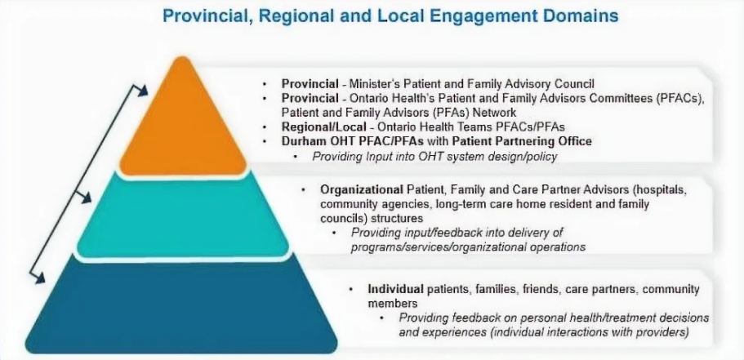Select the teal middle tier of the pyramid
click(x=183, y=216)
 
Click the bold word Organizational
click(x=361, y=190)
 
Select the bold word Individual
click(x=396, y=289)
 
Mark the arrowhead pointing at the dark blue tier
click(x=39, y=278)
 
